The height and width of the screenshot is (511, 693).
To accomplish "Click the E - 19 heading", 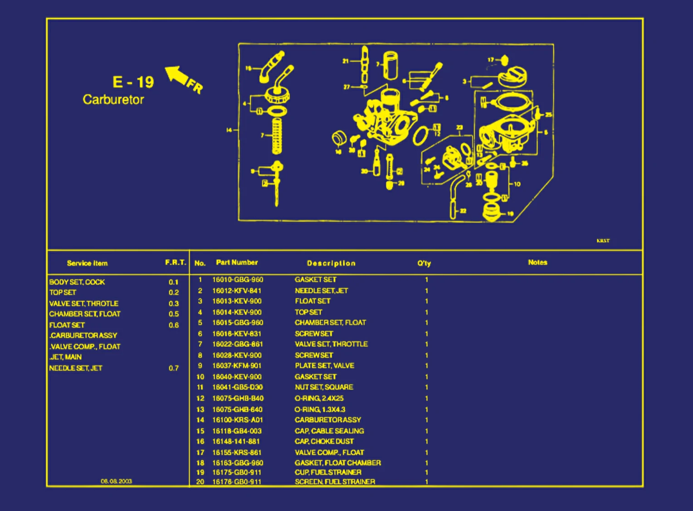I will (x=133, y=82).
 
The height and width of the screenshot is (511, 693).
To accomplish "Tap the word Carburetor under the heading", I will (x=113, y=100).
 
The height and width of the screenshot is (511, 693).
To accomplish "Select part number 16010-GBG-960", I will (x=238, y=280).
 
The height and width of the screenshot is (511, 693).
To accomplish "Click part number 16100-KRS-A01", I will (x=238, y=420).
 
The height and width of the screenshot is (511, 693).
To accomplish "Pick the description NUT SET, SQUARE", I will (x=324, y=387).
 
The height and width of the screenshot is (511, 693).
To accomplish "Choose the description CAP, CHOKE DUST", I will (x=324, y=441).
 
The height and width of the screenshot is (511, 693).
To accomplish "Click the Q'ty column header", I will (x=424, y=263).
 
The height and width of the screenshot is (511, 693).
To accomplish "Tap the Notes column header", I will (x=537, y=263).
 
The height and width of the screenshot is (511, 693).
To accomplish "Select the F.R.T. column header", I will (x=176, y=263).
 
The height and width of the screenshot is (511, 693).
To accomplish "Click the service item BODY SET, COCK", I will (x=77, y=282).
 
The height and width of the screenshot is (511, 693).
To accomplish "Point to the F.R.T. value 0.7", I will (x=174, y=368).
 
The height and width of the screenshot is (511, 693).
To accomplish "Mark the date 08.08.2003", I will (x=116, y=481).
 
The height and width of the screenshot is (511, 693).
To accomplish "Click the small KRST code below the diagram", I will (x=603, y=241).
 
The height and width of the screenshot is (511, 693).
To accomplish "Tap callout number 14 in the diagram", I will (x=229, y=130).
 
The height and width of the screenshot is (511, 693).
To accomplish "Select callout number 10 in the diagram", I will (x=517, y=184).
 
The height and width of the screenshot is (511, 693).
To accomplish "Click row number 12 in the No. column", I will (x=200, y=398).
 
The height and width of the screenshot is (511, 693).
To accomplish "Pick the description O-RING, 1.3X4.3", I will (x=320, y=409).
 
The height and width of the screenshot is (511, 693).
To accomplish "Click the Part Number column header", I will (x=237, y=263).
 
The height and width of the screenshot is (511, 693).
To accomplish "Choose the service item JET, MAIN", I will (x=66, y=357).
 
